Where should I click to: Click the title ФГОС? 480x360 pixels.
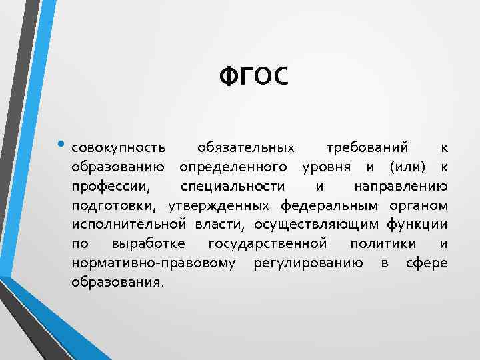(x=254, y=77)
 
